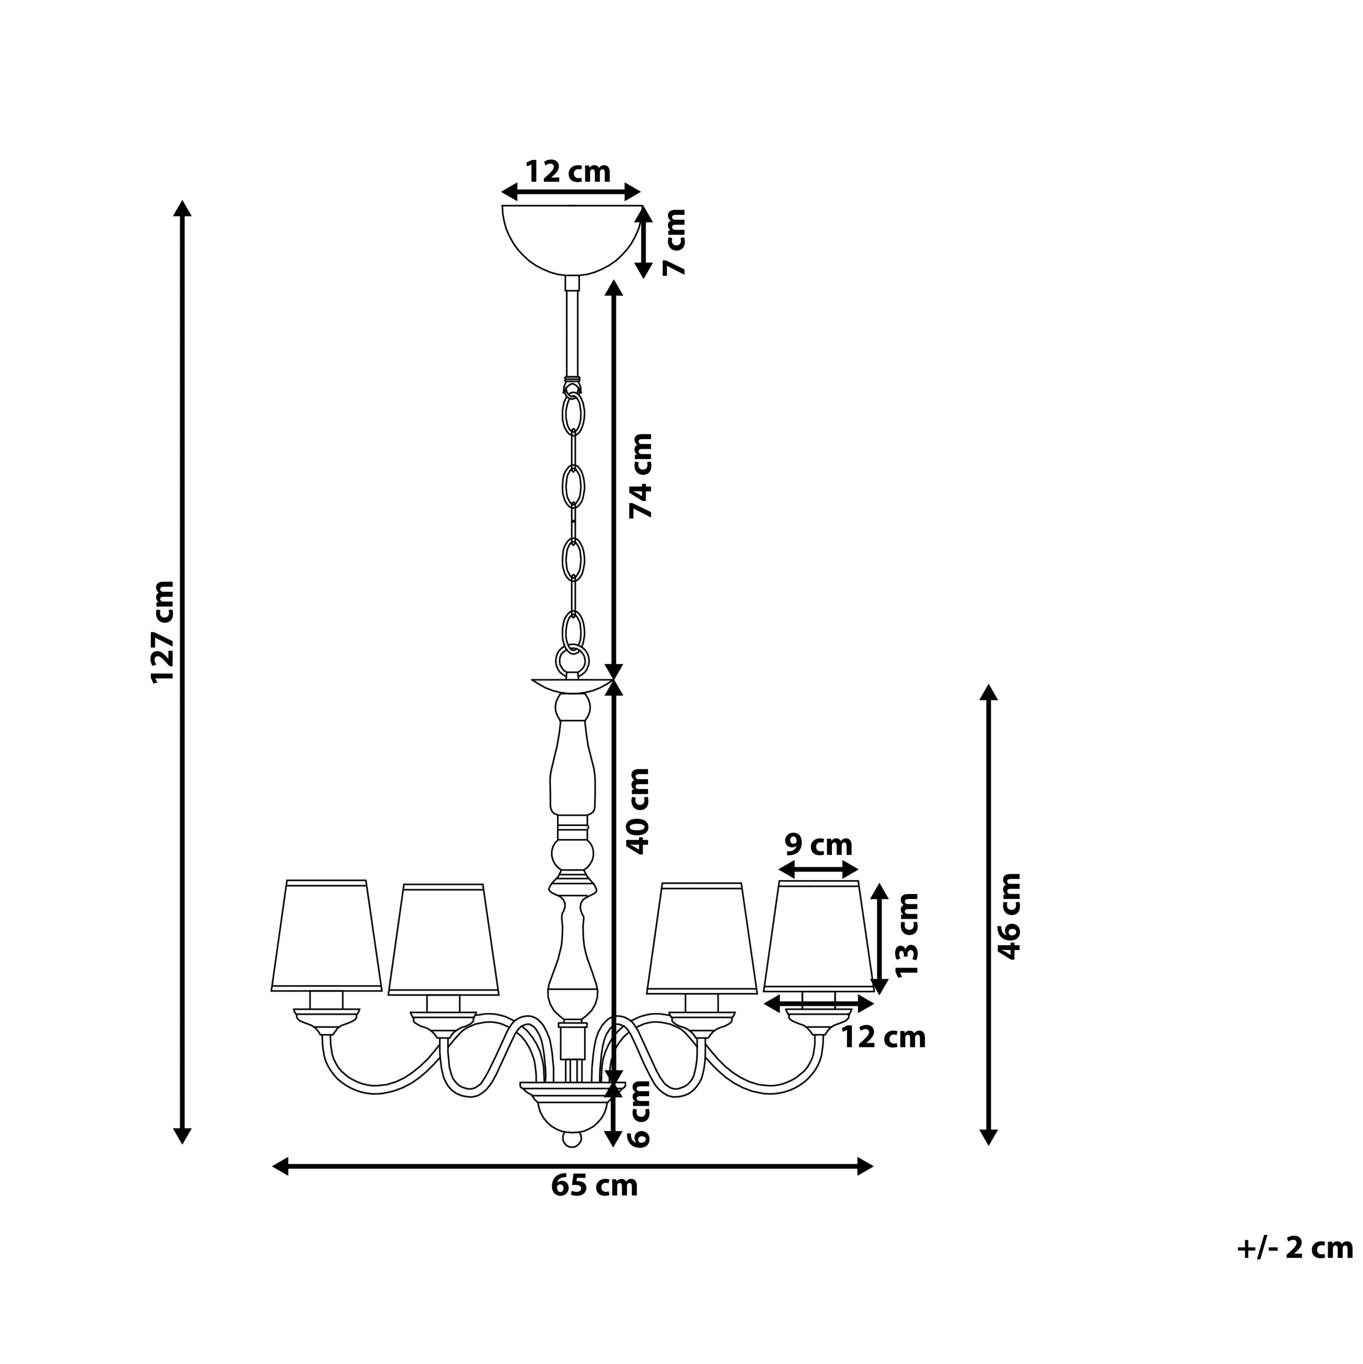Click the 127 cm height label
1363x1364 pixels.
pyautogui.click(x=163, y=631)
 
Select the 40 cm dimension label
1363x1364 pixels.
pyautogui.click(x=638, y=811)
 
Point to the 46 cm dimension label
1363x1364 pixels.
pyautogui.click(x=1010, y=916)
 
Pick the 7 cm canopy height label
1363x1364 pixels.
pyautogui.click(x=675, y=241)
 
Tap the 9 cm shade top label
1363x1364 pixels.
pyautogui.click(x=819, y=845)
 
